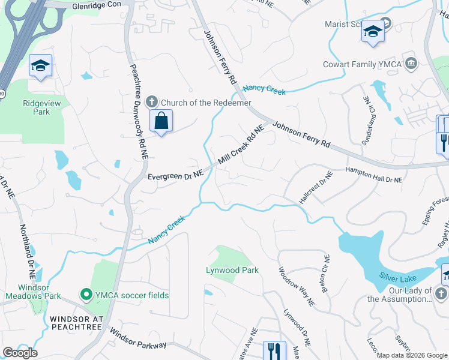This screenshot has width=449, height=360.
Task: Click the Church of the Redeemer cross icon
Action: click(152, 103)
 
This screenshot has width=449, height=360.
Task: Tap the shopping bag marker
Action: click(161, 121)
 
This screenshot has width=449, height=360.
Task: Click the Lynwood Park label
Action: click(232, 270)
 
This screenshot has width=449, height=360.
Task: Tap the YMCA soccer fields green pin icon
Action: click(86, 295)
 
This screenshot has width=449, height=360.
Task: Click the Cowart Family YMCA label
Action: click(361, 64)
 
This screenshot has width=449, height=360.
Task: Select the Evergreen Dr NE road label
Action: click(176, 175)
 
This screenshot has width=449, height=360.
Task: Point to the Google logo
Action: click(20, 353)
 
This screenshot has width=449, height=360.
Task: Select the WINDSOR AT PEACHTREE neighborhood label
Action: click(77, 323)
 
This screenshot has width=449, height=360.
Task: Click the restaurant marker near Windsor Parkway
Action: click(274, 350)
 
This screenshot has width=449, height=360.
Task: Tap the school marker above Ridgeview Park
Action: click(40, 66)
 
